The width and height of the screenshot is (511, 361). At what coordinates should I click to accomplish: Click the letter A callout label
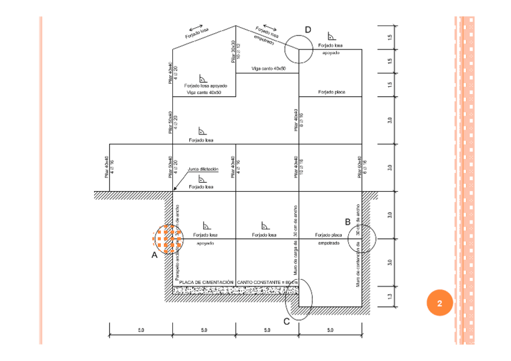pyautogui.click(x=154, y=255)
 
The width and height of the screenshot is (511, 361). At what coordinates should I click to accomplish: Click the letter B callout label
pyautogui.click(x=348, y=222)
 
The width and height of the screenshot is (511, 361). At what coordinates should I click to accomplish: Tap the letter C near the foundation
pyautogui.click(x=286, y=321)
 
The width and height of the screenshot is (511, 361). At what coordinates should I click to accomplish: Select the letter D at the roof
pyautogui.click(x=308, y=30)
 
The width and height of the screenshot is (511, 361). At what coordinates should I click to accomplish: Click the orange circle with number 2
pyautogui.click(x=439, y=303)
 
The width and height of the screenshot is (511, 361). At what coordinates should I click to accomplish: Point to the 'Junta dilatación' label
pyautogui.click(x=202, y=169)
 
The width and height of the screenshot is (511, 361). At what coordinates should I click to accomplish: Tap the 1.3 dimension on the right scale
pyautogui.click(x=390, y=297)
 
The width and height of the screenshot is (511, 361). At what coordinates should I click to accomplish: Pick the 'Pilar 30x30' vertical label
pyautogui.click(x=236, y=52)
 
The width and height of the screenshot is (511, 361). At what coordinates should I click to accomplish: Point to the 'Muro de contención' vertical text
pyautogui.click(x=358, y=247)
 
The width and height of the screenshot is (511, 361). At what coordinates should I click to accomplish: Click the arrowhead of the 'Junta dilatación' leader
pyautogui.click(x=174, y=191)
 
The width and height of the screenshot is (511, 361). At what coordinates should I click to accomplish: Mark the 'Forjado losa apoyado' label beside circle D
pyautogui.click(x=330, y=49)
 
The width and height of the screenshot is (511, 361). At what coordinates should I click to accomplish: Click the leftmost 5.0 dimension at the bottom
pyautogui.click(x=140, y=330)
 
